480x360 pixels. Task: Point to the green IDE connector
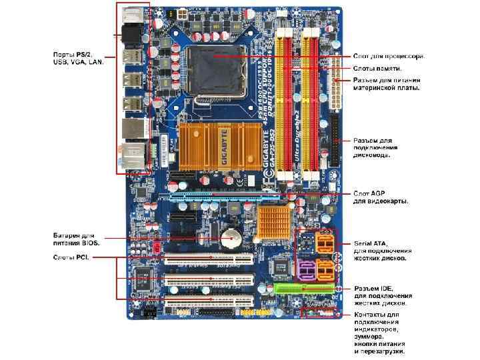[304, 288]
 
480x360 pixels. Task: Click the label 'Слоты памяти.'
[377, 69]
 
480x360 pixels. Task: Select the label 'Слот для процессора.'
[389, 56]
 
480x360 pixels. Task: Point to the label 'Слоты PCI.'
[71, 257]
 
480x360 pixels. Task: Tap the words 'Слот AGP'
[369, 193]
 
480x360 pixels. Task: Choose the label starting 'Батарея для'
[73, 235]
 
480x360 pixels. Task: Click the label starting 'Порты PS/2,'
[74, 54]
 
